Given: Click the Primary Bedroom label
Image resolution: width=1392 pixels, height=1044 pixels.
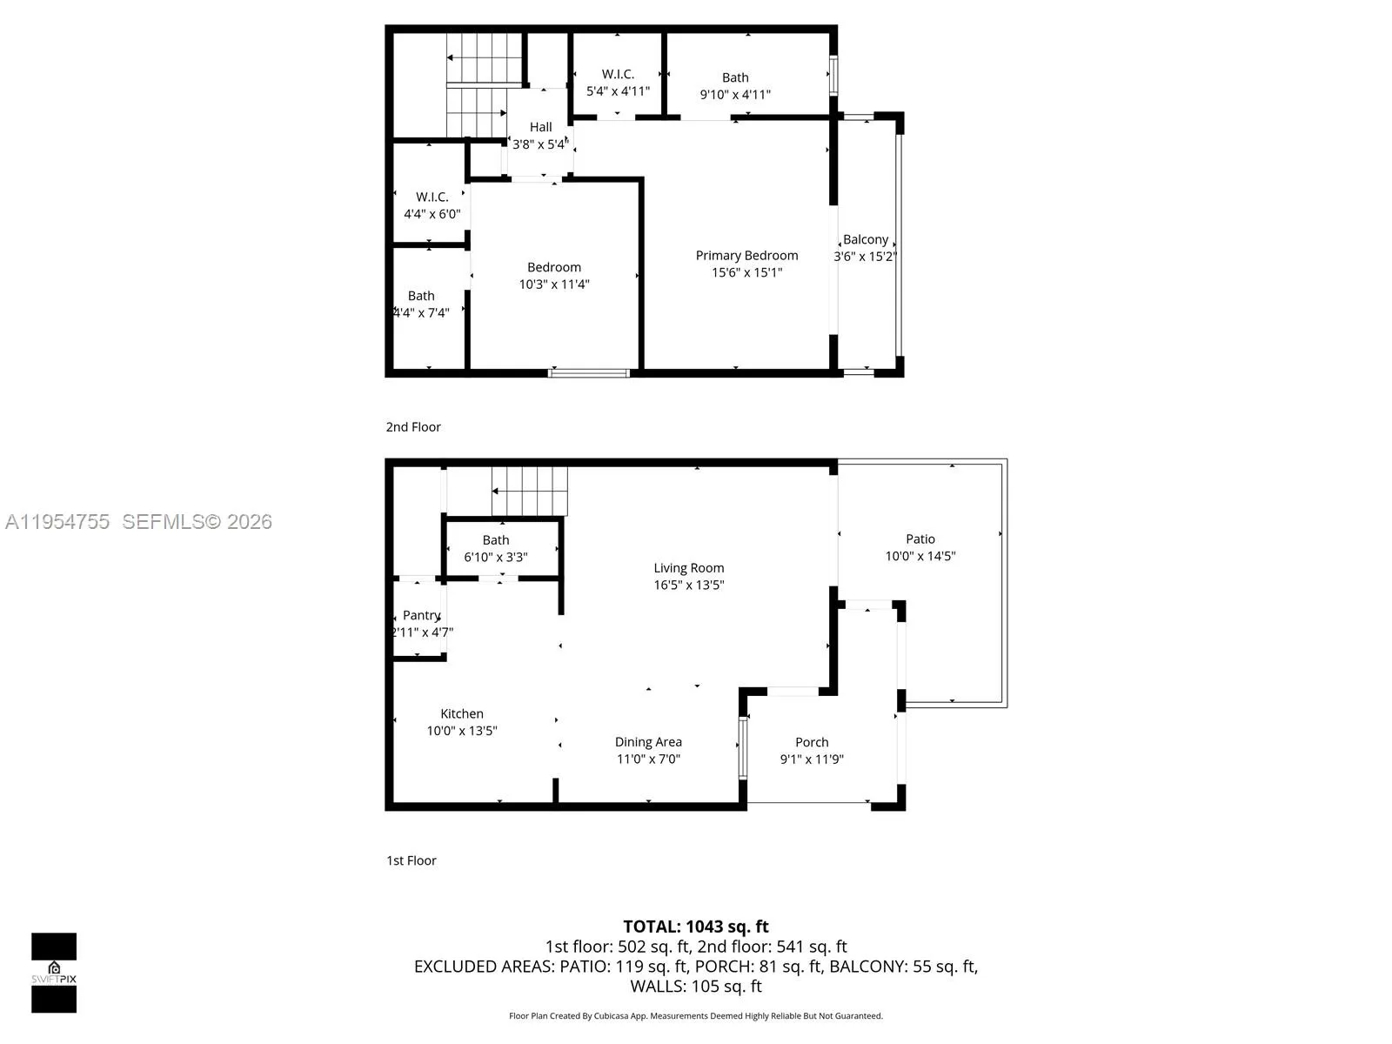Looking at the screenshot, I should click(746, 255).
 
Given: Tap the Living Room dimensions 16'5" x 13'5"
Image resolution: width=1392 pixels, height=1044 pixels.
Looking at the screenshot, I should click(689, 585).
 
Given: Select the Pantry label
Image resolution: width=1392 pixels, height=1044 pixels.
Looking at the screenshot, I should click(421, 615).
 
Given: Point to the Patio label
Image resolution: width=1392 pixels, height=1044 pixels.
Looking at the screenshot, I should click(920, 539).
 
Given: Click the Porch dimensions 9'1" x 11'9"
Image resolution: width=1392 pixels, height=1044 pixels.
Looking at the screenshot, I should click(812, 759).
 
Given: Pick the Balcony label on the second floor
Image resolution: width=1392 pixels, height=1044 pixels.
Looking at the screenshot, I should click(865, 239).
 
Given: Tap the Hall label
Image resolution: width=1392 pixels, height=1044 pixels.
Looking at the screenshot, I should click(540, 127).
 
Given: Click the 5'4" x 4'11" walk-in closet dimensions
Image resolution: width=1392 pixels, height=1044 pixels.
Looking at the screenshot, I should click(618, 90).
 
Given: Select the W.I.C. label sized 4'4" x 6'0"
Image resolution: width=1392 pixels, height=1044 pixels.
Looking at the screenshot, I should click(432, 197).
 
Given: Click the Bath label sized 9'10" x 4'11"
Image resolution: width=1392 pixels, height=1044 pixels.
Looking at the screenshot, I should click(735, 77).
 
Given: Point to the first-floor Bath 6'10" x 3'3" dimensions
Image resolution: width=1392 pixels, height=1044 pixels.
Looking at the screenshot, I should click(496, 557).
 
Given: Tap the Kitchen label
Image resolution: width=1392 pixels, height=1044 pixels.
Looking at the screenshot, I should click(461, 713).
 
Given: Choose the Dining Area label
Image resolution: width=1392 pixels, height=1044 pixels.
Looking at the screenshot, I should click(648, 741).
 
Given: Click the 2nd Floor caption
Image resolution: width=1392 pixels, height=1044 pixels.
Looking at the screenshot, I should click(413, 426).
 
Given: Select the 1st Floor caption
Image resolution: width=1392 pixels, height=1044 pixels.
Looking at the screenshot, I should click(412, 860).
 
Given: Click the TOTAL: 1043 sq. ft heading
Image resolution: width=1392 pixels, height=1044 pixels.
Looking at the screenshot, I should click(696, 927).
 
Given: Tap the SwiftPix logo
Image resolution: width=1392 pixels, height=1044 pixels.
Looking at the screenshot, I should click(54, 973).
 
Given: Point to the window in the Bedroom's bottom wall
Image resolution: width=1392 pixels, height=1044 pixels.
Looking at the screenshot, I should click(589, 373).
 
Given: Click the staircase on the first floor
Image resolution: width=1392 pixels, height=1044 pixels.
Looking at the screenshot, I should click(529, 491).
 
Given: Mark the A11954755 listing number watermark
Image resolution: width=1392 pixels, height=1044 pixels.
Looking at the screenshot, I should click(57, 521).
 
